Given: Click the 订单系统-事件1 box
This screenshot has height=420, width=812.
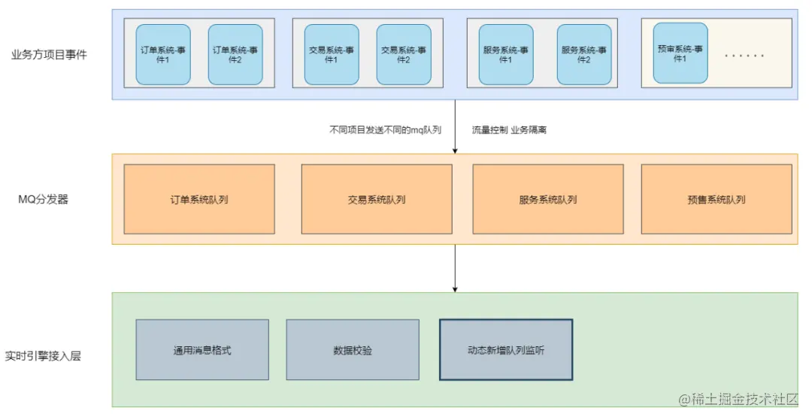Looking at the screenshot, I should [163, 54].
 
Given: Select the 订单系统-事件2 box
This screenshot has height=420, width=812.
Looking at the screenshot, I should [235, 54].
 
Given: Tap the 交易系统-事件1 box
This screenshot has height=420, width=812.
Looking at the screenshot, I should [332, 54].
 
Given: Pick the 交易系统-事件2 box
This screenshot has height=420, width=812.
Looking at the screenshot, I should [404, 54].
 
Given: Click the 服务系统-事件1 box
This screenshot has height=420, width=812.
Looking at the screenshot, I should [506, 54].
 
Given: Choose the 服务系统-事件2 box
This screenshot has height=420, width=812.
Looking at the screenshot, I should [584, 54].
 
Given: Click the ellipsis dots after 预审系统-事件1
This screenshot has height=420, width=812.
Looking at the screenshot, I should [744, 56].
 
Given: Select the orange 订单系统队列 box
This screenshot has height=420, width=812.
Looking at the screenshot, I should [199, 199].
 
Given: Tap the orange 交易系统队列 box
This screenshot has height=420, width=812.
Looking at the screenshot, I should [377, 199].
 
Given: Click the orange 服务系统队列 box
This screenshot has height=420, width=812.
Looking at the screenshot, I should [548, 199].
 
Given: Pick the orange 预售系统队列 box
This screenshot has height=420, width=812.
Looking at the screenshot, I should [717, 199].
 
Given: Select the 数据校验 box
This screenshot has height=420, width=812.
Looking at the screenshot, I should [353, 350].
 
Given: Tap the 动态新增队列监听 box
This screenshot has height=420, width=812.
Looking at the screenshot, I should [506, 350].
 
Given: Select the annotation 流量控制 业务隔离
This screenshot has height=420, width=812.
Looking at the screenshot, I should [509, 129].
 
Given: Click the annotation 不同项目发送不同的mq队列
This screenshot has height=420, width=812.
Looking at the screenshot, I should [385, 129].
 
